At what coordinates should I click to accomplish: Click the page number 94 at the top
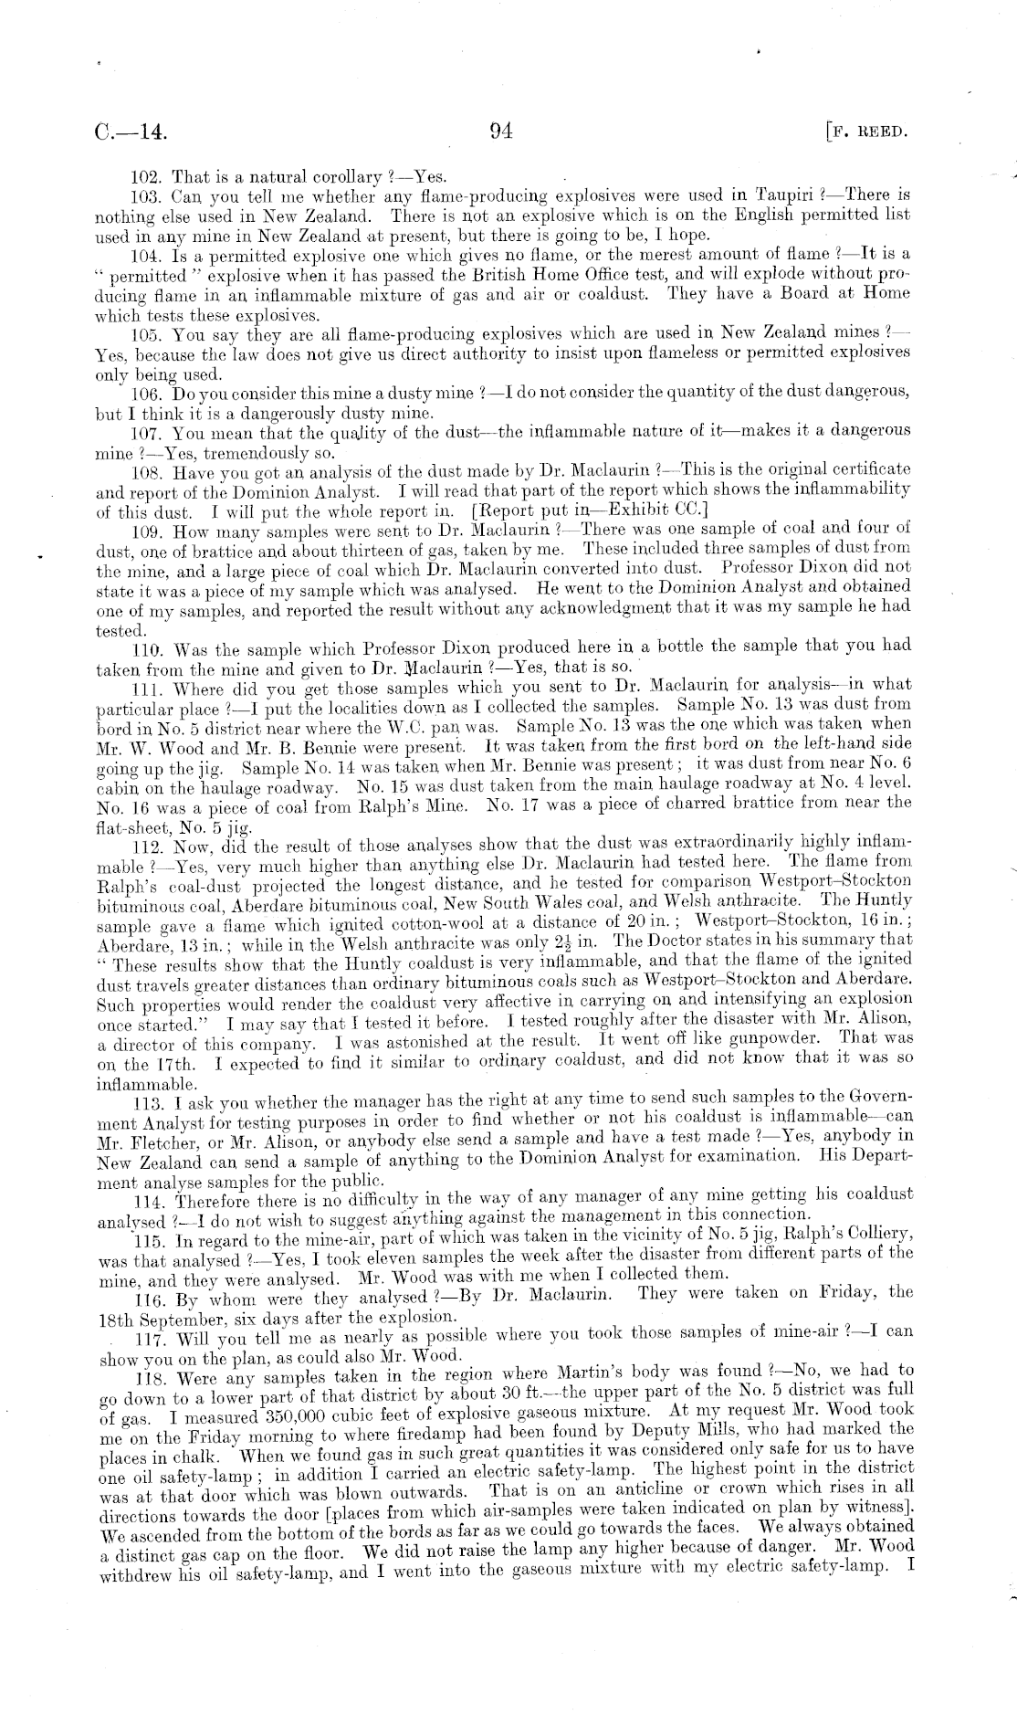pyautogui.click(x=501, y=131)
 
